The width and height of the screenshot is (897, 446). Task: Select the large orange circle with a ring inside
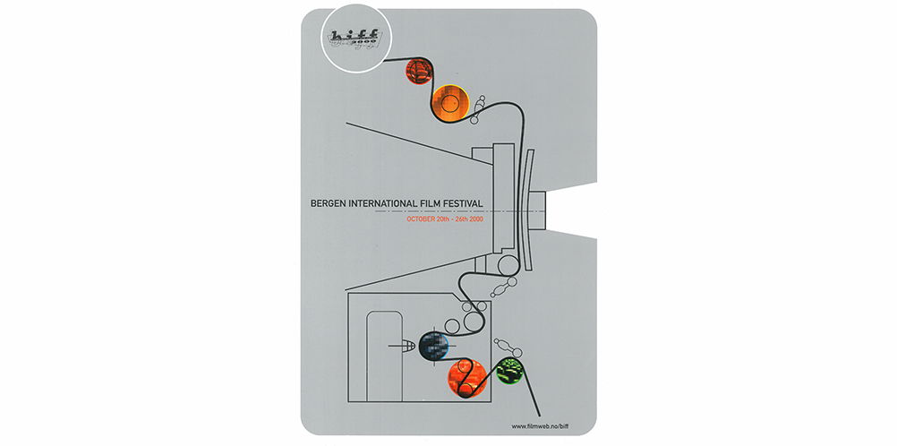tap(451, 104)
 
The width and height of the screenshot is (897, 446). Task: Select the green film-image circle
tap(510, 368)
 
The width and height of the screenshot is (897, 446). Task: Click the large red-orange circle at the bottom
tap(466, 380)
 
